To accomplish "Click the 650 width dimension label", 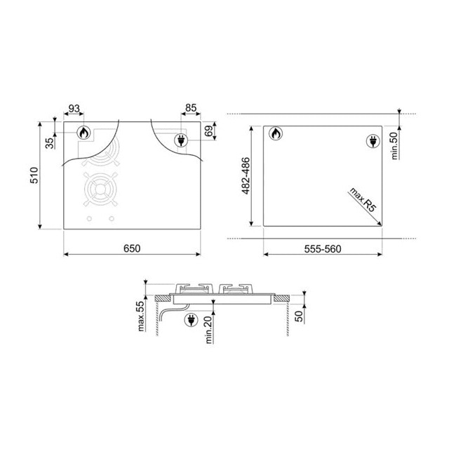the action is coord(132,248).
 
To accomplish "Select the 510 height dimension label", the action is coord(34,175).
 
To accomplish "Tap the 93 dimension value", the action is coord(74,109).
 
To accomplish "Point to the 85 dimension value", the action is coord(191,108).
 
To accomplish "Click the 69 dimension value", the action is coord(209,131).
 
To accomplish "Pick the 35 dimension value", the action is coord(50,143).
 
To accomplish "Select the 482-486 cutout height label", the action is coord(246,176).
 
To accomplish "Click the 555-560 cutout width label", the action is coord(323,249).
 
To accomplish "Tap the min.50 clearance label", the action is coord(395,146).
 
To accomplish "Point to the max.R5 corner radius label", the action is coord(362,200).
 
